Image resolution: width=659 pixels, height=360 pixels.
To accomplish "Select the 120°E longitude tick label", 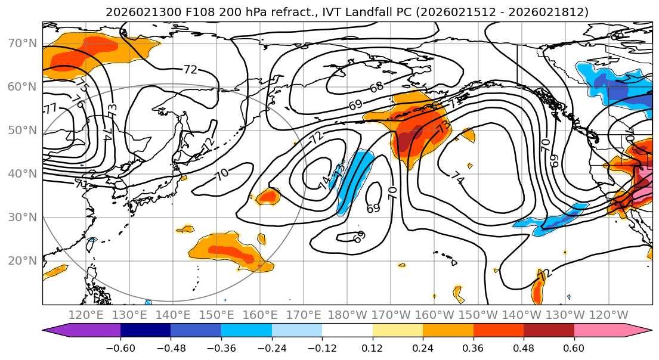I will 86,315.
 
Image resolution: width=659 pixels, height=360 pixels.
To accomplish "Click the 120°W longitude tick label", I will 608,315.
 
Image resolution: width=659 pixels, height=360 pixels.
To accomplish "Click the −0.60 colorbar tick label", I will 120,347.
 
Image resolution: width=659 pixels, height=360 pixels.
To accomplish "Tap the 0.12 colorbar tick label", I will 372,347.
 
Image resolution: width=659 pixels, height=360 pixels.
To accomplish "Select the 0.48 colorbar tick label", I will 524,347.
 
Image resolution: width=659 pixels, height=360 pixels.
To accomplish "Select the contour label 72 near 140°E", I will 190,70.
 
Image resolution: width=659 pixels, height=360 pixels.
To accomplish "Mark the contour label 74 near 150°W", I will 457,178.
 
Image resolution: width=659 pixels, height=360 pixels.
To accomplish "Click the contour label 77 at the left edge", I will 51,108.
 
